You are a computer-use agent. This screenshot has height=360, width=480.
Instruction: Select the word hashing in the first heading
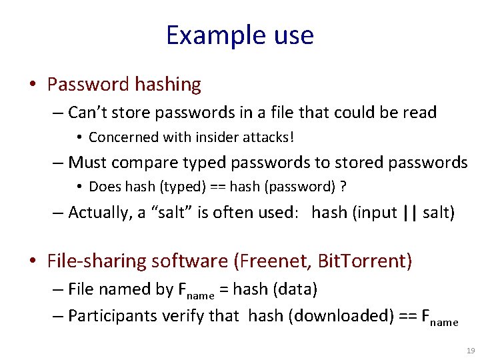[168, 85]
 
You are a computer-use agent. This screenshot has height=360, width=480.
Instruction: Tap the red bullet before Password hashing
[33, 85]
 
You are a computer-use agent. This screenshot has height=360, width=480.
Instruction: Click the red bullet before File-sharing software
[33, 261]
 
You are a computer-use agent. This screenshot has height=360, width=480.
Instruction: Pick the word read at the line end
[420, 113]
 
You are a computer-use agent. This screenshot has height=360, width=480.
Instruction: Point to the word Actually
[101, 213]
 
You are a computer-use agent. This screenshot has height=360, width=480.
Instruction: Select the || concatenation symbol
[410, 213]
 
